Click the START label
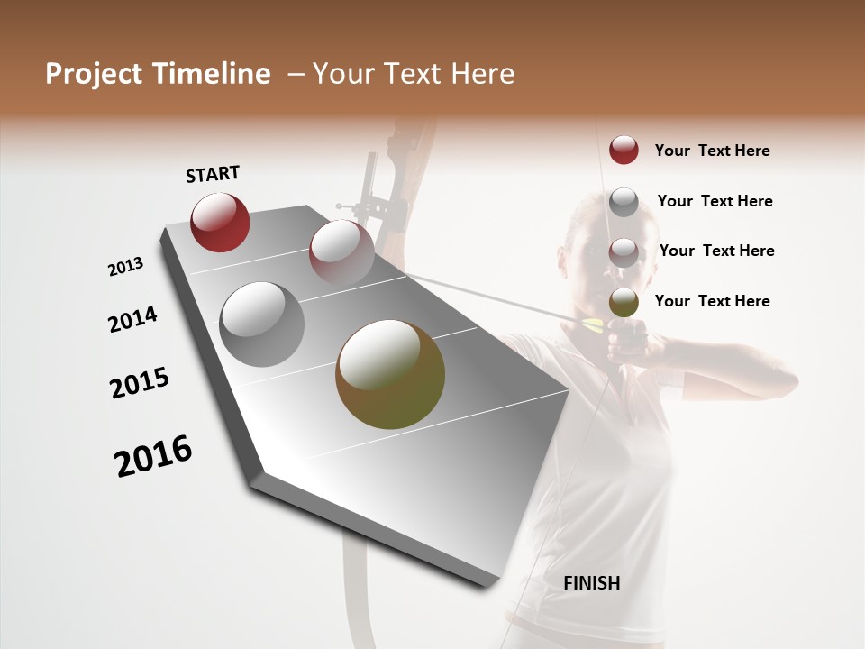coord(213,174)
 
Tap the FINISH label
coord(592,583)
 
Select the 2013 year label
coord(126,267)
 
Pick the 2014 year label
coord(132,320)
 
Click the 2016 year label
coord(154,456)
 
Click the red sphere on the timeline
coord(220,222)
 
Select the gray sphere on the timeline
coord(262,324)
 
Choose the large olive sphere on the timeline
coord(390,374)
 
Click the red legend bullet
coord(624,150)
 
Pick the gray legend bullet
coord(624,202)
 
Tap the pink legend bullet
coord(624,251)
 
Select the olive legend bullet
coord(624,302)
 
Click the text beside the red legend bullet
coord(712,151)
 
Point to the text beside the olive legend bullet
coord(712,301)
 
